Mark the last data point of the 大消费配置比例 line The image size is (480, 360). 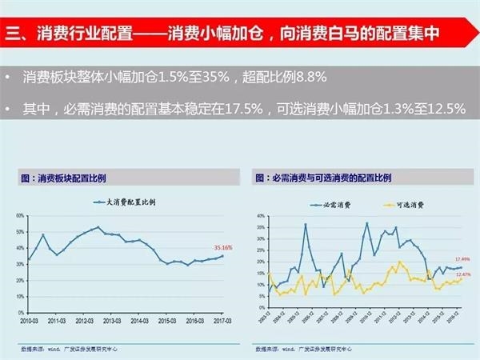pos(223,256)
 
